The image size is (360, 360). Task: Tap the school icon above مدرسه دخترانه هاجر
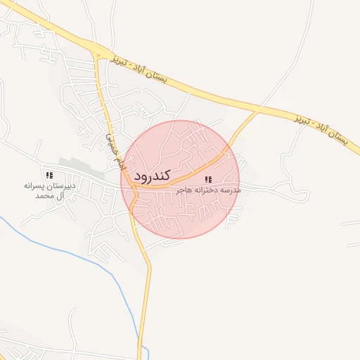pos(207,181)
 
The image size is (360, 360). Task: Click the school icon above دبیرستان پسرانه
pos(49,174)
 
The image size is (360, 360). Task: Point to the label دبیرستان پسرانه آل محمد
pos(49,190)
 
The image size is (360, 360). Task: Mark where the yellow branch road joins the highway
pos(257,111)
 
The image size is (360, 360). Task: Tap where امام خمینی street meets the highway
pos(99,52)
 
